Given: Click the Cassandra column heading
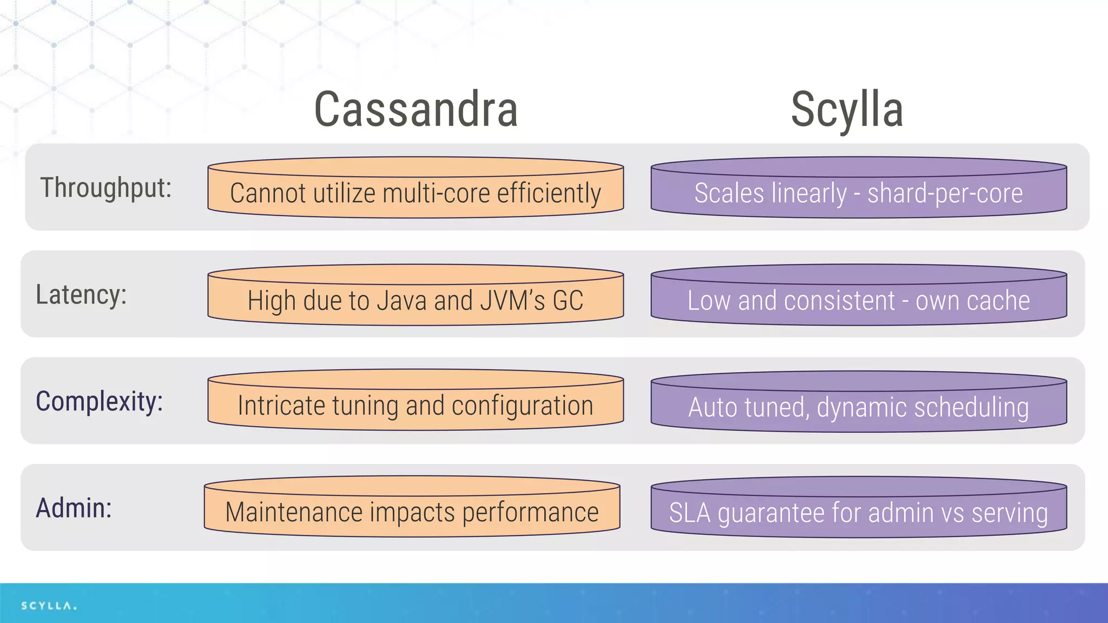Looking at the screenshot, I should tap(415, 110).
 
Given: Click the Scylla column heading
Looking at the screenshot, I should tap(847, 110).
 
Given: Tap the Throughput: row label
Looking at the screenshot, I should tap(106, 188).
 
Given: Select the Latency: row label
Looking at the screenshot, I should tap(81, 295).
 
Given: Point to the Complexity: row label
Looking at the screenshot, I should tap(99, 402).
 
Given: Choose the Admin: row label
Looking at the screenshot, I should tap(74, 508).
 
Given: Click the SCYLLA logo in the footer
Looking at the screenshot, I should tap(49, 606).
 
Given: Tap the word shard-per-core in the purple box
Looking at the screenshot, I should tap(945, 194).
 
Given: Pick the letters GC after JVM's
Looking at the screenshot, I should tap(568, 301).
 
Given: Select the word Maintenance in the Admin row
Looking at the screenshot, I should tap(294, 512).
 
